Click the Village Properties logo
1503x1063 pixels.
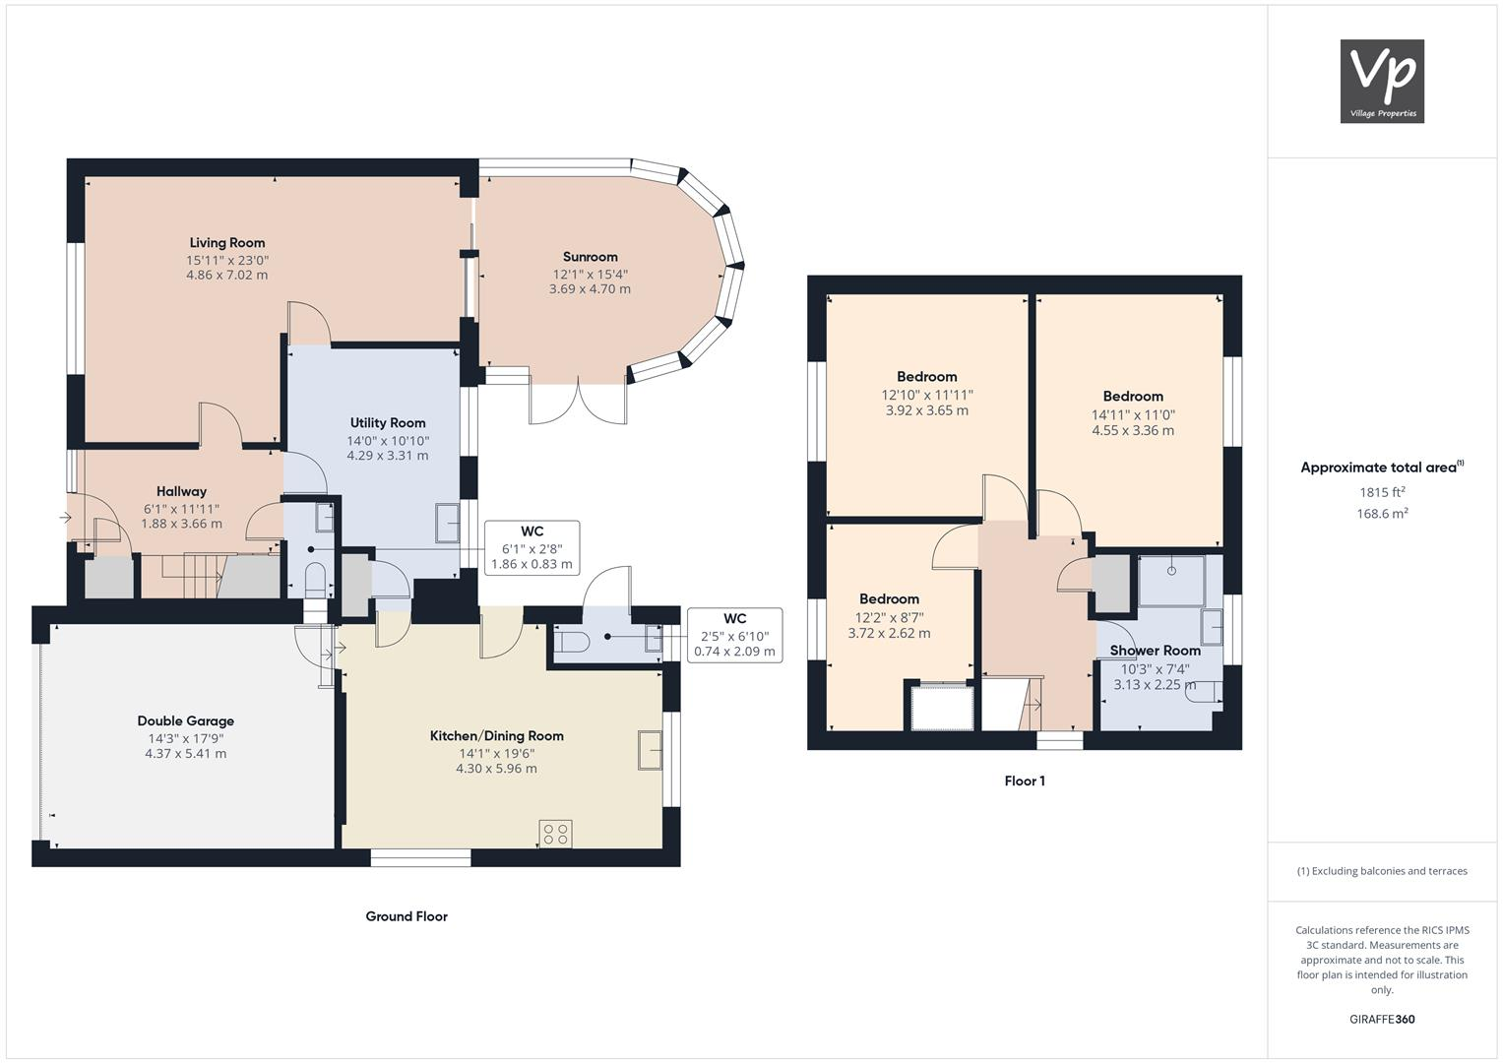pyautogui.click(x=1382, y=81)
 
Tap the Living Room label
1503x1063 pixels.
pyautogui.click(x=227, y=243)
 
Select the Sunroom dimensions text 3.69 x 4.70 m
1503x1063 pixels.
pyautogui.click(x=590, y=289)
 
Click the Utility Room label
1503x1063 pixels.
pyautogui.click(x=388, y=423)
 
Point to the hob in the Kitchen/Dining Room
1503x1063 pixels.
pyautogui.click(x=554, y=835)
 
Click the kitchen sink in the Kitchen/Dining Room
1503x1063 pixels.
pyautogui.click(x=650, y=749)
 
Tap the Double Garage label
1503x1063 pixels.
pyautogui.click(x=186, y=721)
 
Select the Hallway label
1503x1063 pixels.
pyautogui.click(x=181, y=492)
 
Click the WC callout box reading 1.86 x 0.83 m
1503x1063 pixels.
pyautogui.click(x=532, y=548)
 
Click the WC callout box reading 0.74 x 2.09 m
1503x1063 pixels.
pyautogui.click(x=734, y=635)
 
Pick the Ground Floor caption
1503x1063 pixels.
pyautogui.click(x=407, y=916)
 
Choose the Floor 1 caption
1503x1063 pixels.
pyautogui.click(x=1025, y=782)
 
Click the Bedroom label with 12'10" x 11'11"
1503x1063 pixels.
pyautogui.click(x=926, y=377)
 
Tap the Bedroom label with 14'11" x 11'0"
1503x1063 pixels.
pyautogui.click(x=1133, y=397)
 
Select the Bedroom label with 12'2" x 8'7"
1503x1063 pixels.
pyautogui.click(x=889, y=599)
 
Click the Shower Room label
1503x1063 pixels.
pyautogui.click(x=1155, y=651)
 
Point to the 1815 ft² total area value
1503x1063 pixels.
pyautogui.click(x=1382, y=492)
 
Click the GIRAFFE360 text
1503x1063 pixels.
pyautogui.click(x=1382, y=1020)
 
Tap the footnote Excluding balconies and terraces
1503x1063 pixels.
pyautogui.click(x=1382, y=871)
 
